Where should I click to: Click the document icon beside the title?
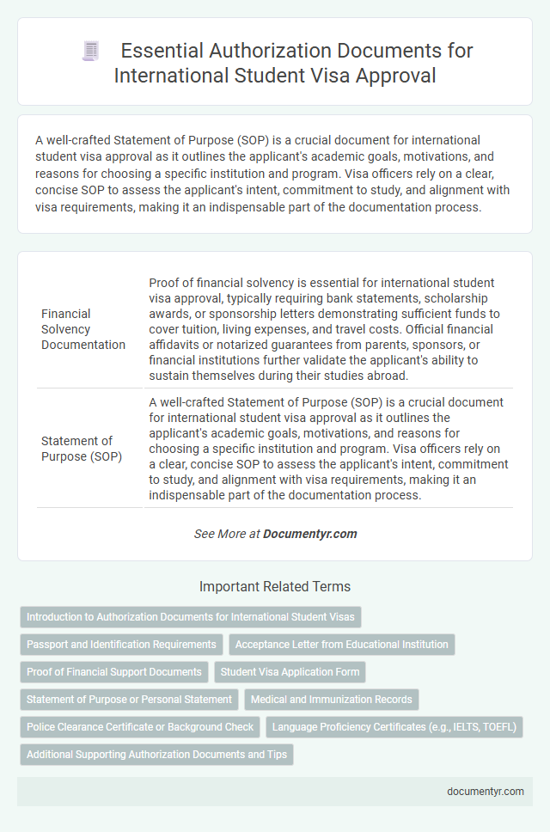[x=91, y=52]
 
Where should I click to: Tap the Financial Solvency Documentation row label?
[x=84, y=330]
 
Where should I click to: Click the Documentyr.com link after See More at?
[x=309, y=534]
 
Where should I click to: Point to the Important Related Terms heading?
[x=275, y=587]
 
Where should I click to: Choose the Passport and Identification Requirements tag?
[x=121, y=645]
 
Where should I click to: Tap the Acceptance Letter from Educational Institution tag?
[x=342, y=645]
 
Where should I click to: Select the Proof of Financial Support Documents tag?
[x=113, y=672]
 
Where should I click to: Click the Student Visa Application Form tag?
[x=292, y=672]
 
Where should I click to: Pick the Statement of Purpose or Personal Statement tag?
[x=129, y=700]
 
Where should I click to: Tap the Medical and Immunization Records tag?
[x=333, y=700]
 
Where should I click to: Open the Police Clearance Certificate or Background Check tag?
[x=140, y=727]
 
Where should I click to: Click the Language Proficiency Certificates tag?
[x=394, y=727]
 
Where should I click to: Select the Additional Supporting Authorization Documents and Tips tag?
[x=157, y=755]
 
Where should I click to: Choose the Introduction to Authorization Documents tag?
[x=190, y=617]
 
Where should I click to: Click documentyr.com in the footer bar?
[x=486, y=792]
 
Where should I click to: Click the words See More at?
[x=227, y=534]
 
